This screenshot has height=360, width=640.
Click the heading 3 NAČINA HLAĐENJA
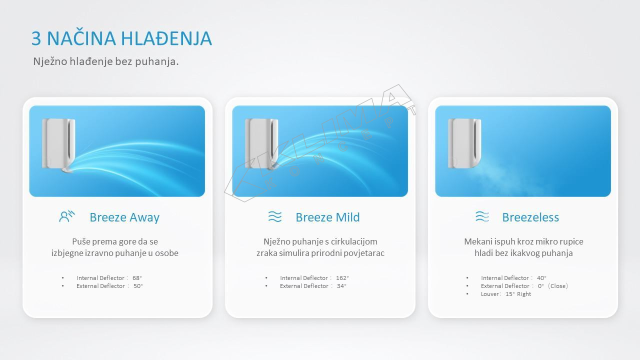(x=121, y=38)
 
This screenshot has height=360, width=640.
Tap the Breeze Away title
(x=124, y=217)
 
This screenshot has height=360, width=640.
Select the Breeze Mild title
(x=327, y=217)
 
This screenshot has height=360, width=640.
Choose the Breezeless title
(x=530, y=217)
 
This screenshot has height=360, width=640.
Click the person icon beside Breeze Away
(x=67, y=216)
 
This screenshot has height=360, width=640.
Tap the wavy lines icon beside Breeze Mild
(x=275, y=216)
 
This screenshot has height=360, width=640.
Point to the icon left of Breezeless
(x=482, y=216)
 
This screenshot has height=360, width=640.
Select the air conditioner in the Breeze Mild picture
(x=261, y=143)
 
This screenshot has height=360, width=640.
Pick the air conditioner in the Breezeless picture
(x=464, y=143)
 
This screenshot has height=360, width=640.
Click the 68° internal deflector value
(x=137, y=278)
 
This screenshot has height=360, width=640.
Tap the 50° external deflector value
(x=138, y=286)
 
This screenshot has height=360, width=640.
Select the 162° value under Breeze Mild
(x=342, y=278)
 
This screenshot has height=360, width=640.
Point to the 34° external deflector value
(x=341, y=286)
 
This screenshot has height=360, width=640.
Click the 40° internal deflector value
(x=541, y=278)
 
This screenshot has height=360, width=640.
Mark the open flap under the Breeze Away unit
(x=67, y=170)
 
